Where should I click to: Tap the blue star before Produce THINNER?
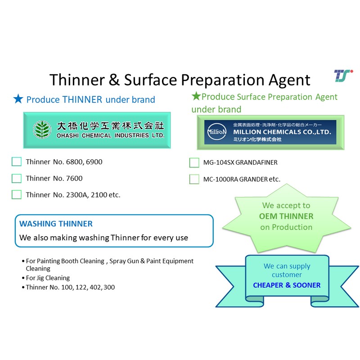[x=18, y=99]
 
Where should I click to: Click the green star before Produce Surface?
[x=196, y=96]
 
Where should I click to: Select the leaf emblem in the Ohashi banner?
[x=42, y=130]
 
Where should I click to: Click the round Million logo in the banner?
[x=216, y=132]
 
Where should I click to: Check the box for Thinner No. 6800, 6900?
[x=17, y=162]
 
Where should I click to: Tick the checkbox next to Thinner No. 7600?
[x=17, y=178]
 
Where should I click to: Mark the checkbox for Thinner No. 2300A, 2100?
[x=17, y=195]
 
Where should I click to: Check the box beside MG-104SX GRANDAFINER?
[x=194, y=162]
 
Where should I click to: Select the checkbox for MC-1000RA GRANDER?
[x=194, y=179]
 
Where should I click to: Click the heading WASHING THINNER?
[x=56, y=224]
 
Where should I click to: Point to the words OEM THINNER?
[x=286, y=216]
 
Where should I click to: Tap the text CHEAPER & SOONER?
[x=287, y=285]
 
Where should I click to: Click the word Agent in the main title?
[x=289, y=80]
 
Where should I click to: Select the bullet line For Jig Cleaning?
[x=46, y=278]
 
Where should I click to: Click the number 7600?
[x=74, y=178]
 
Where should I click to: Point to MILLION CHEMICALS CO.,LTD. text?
[x=282, y=132]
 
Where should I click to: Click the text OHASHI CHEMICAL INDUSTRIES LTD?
[x=110, y=136]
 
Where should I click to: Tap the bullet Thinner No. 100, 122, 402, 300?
[x=68, y=287]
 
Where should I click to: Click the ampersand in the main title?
[x=114, y=80]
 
